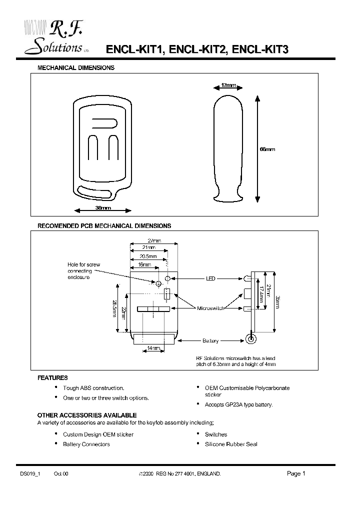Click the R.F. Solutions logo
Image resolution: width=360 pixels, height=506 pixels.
pyautogui.click(x=55, y=38)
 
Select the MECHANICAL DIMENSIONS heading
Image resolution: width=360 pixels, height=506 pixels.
pyautogui.click(x=76, y=67)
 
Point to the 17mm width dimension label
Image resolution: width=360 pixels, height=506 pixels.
pyautogui.click(x=228, y=86)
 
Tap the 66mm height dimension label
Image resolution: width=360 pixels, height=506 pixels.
pyautogui.click(x=267, y=149)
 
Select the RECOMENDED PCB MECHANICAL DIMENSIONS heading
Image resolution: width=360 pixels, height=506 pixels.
pyautogui.click(x=104, y=226)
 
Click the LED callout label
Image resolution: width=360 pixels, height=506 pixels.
pyautogui.click(x=210, y=278)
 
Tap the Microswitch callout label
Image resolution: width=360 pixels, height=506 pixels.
pyautogui.click(x=209, y=308)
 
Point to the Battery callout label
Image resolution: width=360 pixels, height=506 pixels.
pyautogui.click(x=210, y=341)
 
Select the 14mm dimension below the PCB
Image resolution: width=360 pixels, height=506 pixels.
pyautogui.click(x=153, y=348)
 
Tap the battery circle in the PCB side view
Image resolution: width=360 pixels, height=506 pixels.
pyautogui.click(x=251, y=340)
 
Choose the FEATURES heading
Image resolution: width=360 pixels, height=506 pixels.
pyautogui.click(x=52, y=378)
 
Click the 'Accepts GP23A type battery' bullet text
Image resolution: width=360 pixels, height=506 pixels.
pyautogui.click(x=238, y=404)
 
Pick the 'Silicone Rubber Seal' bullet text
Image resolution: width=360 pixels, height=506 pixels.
pyautogui.click(x=231, y=444)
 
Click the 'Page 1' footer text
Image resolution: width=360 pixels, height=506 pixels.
pyautogui.click(x=296, y=473)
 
